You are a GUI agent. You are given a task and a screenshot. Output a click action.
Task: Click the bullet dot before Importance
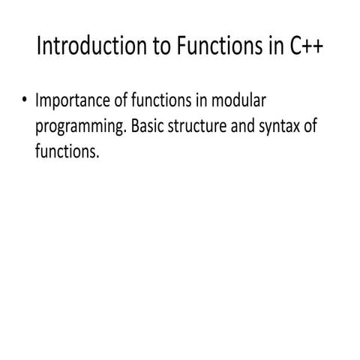[25, 101]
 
